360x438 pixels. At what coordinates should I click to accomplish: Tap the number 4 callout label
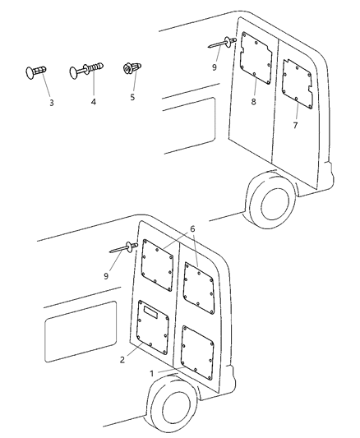(93, 102)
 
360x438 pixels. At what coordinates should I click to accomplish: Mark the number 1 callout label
(151, 373)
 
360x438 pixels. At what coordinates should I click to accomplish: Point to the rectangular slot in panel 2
(151, 311)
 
